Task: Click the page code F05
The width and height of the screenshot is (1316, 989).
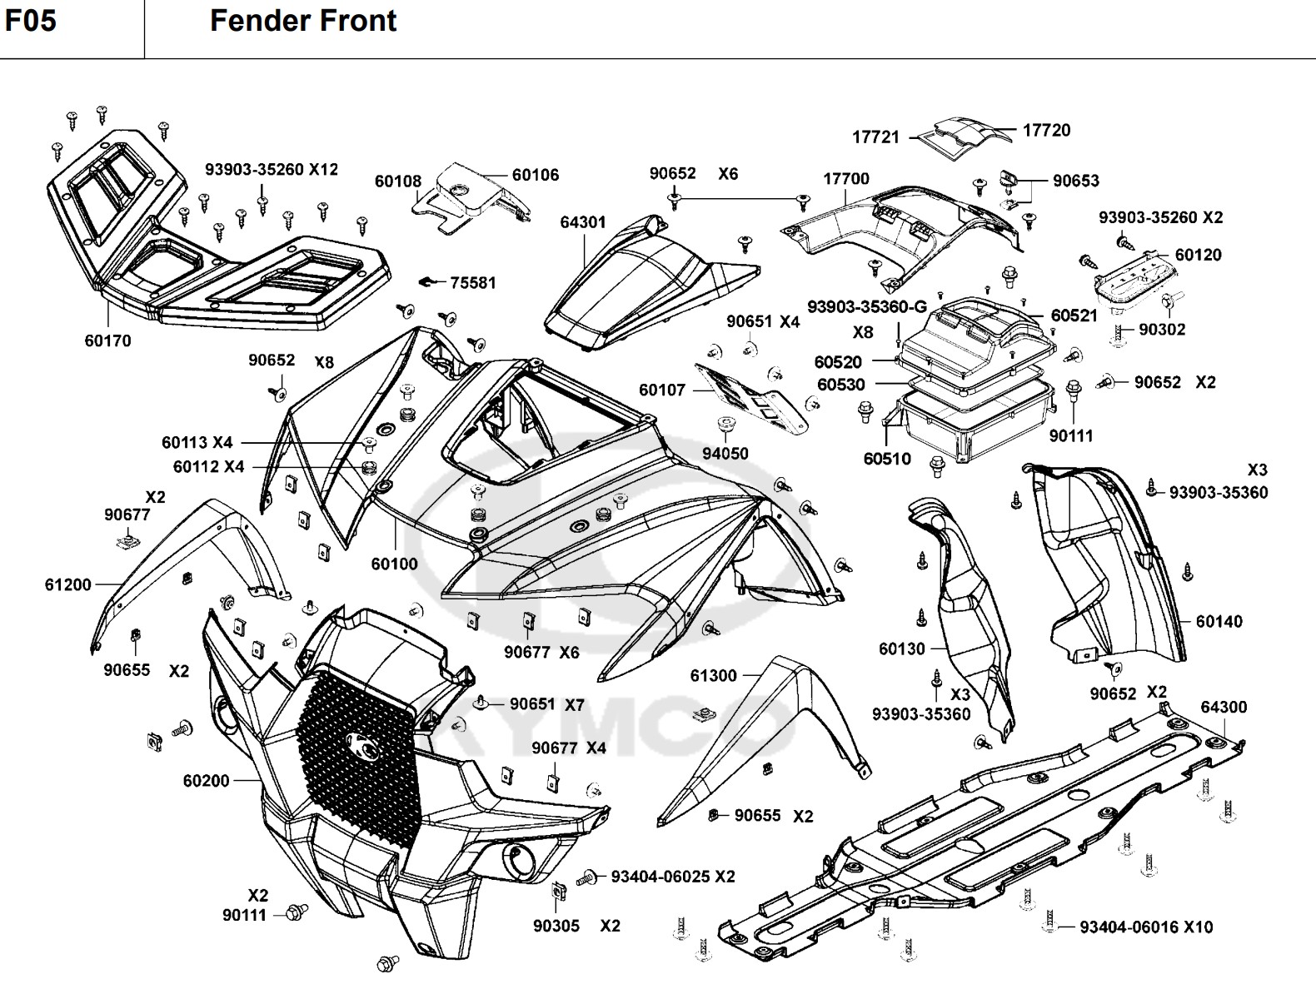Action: click(31, 20)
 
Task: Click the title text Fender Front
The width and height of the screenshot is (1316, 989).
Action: click(303, 21)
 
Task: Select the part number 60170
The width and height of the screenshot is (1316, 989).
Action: click(108, 340)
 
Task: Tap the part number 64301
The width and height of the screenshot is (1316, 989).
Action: click(583, 222)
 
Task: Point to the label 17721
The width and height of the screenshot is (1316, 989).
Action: click(875, 137)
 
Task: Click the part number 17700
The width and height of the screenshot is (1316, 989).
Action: click(846, 179)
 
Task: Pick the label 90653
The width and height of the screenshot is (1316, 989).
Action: click(1075, 181)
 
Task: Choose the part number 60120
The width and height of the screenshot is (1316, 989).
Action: click(1198, 255)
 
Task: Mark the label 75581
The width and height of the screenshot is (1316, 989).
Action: click(472, 283)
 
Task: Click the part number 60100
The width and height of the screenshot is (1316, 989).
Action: click(395, 564)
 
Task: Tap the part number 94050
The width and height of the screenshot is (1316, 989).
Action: click(725, 454)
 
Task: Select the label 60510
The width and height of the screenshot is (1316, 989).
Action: click(887, 459)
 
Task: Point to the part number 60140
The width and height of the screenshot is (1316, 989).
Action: click(1219, 621)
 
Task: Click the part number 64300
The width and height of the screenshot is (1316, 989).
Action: click(1224, 708)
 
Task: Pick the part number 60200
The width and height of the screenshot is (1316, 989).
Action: click(207, 781)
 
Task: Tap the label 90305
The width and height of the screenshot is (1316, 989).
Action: click(556, 926)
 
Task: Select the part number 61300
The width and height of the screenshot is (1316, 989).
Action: click(713, 675)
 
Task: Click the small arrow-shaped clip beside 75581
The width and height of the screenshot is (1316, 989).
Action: click(427, 281)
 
